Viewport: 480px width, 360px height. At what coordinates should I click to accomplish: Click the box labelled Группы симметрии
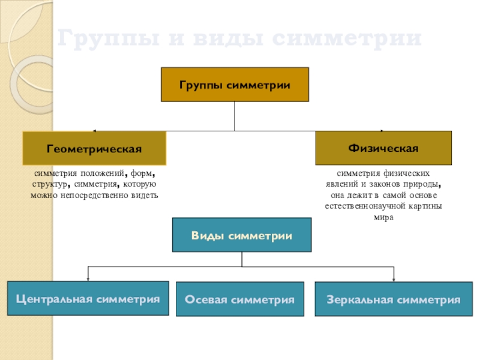[235, 85]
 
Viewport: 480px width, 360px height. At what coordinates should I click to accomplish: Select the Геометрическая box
[94, 148]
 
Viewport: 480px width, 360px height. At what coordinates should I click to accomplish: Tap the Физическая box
[383, 148]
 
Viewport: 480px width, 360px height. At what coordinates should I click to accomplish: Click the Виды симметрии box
[242, 235]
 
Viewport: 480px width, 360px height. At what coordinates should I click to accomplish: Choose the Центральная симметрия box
[88, 298]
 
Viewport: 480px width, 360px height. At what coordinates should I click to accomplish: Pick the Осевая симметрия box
[240, 299]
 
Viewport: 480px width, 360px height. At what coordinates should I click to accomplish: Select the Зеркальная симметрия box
[394, 299]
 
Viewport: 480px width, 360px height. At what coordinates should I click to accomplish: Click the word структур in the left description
[49, 185]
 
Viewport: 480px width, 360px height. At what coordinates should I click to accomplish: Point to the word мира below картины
[383, 217]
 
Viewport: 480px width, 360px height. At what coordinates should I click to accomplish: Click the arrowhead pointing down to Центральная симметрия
[88, 278]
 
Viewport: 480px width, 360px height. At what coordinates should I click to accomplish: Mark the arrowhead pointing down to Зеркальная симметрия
[394, 278]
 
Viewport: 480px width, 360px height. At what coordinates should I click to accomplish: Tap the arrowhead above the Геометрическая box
[94, 131]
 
